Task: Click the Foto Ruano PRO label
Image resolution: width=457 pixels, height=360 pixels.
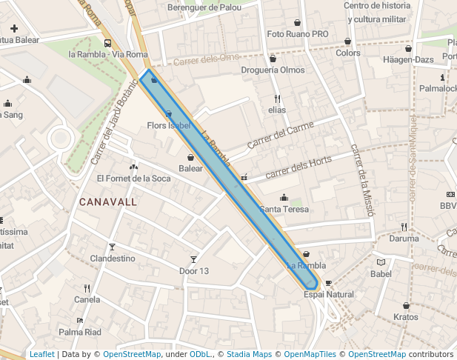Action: click(x=297, y=34)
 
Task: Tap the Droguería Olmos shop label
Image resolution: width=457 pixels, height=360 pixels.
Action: click(x=273, y=70)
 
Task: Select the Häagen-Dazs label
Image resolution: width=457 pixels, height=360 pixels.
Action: click(x=407, y=59)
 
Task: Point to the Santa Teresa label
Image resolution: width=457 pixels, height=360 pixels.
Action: click(x=284, y=210)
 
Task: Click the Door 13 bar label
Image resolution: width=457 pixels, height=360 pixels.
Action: click(x=194, y=271)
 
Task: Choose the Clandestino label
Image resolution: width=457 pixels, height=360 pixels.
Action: click(x=113, y=259)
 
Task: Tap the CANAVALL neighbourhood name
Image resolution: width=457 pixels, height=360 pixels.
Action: click(x=108, y=201)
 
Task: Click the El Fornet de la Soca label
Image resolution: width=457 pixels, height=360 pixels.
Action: click(x=133, y=179)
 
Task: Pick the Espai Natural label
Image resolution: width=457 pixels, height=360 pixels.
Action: click(x=329, y=294)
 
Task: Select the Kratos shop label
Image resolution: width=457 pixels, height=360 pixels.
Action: click(x=406, y=317)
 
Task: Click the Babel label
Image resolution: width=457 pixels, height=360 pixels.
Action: click(x=381, y=274)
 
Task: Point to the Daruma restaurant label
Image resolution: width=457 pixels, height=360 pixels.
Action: click(x=404, y=239)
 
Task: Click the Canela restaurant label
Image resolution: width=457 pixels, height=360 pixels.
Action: click(x=87, y=300)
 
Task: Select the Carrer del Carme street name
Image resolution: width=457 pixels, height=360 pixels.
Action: click(x=280, y=135)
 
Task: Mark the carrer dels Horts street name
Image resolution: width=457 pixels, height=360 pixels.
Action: click(x=298, y=167)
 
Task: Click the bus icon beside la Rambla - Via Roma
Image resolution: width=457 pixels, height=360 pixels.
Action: click(x=107, y=43)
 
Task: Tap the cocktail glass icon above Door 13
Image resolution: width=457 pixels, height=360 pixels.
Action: click(x=194, y=259)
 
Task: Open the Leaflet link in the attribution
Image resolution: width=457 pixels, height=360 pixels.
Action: click(x=41, y=354)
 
